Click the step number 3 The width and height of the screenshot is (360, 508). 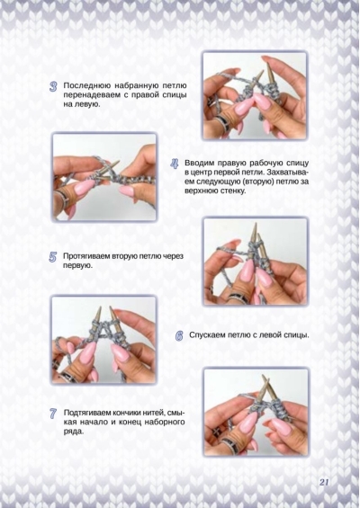coord(53,86)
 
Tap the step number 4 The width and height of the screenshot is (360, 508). coord(175,164)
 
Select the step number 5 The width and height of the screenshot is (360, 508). coord(53,257)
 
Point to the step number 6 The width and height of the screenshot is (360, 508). coord(179,335)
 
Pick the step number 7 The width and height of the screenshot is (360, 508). coord(53,414)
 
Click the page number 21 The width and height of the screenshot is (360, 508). coord(324,482)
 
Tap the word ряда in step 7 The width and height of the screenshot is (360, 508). coord(73,432)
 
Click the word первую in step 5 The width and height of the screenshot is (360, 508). coord(77,266)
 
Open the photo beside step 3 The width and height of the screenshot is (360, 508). coord(255,95)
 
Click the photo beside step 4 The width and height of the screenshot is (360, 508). coord(104,177)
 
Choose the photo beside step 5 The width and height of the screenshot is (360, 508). coord(256,262)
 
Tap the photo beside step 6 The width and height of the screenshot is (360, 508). coord(103,340)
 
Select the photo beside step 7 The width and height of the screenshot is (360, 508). coord(256,412)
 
